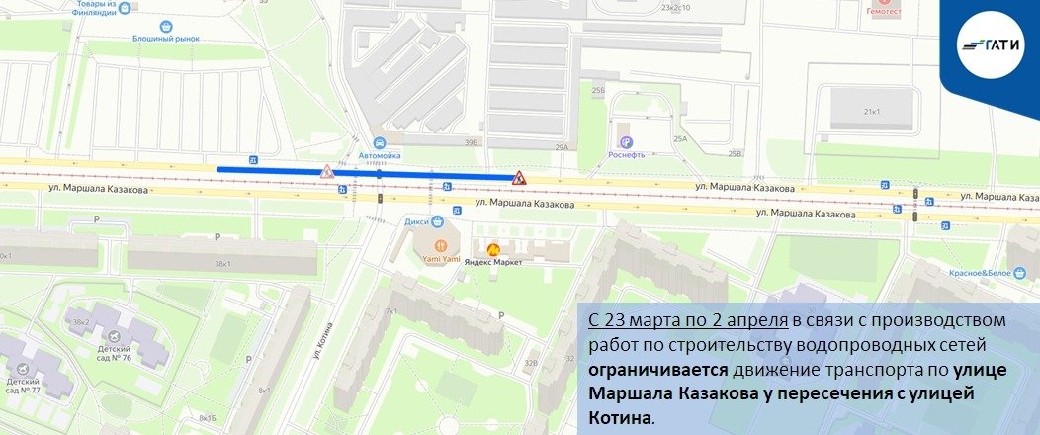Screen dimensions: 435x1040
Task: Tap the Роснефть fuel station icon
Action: (623, 141)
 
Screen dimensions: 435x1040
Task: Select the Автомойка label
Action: (381, 155)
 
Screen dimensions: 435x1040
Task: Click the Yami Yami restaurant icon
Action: (439, 244)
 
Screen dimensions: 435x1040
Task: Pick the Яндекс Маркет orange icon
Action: (492, 249)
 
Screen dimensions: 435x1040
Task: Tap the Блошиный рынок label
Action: (166, 39)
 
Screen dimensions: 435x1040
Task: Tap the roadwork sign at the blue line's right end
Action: (518, 177)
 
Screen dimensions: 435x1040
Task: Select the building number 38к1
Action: (223, 264)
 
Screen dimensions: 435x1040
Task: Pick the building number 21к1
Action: (871, 112)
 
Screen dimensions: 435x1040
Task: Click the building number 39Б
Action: (471, 143)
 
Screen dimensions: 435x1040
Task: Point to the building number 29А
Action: (562, 147)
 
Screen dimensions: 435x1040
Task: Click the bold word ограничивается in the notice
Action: (657, 371)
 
